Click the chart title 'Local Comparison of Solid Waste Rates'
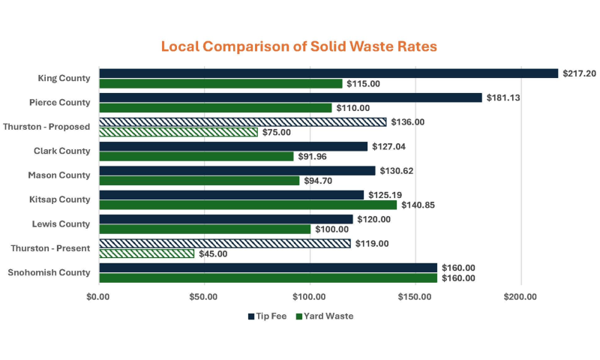pyautogui.click(x=298, y=46)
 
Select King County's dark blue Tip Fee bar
pyautogui.click(x=328, y=73)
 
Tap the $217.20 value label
pyautogui.click(x=580, y=73)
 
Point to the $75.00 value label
pyautogui.click(x=276, y=132)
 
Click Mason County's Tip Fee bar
pyautogui.click(x=237, y=171)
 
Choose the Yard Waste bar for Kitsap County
pyautogui.click(x=247, y=205)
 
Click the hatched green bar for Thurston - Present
pyautogui.click(x=146, y=253)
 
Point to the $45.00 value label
pyautogui.click(x=213, y=253)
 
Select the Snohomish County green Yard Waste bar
pyautogui.click(x=268, y=278)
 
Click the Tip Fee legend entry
pyautogui.click(x=267, y=316)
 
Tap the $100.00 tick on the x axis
pyautogui.click(x=310, y=296)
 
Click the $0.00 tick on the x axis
pyautogui.click(x=98, y=296)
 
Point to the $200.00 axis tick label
pyautogui.click(x=520, y=296)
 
